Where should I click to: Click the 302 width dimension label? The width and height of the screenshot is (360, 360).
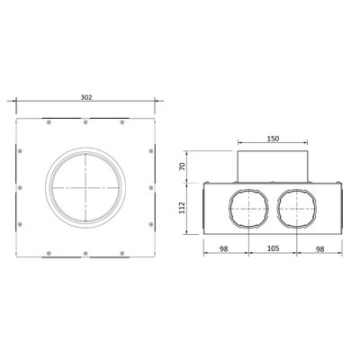86,97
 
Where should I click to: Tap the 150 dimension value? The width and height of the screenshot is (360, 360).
273,139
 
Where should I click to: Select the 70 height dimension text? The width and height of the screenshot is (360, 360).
182,166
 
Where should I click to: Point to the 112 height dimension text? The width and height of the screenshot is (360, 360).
182,208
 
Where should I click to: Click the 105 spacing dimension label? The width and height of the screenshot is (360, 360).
273,248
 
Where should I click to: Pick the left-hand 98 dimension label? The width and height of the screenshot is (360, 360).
223,248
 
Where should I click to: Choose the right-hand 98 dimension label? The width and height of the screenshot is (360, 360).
320,248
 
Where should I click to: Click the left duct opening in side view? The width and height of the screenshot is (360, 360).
248,209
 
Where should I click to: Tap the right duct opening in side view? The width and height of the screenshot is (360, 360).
297,209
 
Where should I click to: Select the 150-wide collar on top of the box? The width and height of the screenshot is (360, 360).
273,166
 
